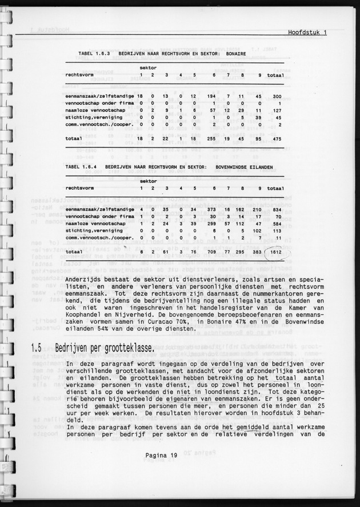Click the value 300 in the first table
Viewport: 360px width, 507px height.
pyautogui.click(x=277, y=97)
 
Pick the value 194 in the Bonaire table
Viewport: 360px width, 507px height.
pyautogui.click(x=213, y=97)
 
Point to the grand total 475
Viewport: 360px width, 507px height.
pyautogui.click(x=277, y=138)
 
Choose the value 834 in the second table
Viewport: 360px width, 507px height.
pyautogui.click(x=277, y=210)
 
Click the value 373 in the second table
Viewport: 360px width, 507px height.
pyautogui.click(x=213, y=210)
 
